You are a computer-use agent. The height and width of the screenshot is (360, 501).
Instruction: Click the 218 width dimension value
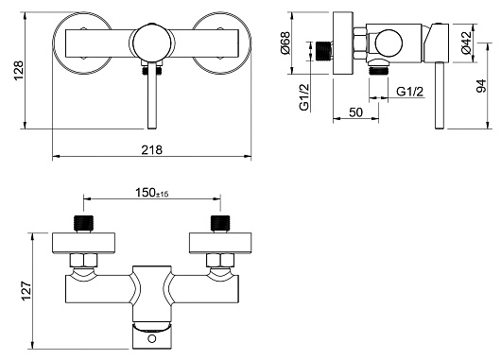point(152,149)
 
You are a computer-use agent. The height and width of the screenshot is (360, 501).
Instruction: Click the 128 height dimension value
point(20,70)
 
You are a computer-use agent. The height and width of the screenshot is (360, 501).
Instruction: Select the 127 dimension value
point(26,291)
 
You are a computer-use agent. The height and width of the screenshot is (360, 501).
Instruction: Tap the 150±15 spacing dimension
point(152,193)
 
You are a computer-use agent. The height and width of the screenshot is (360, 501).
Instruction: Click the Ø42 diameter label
point(466,43)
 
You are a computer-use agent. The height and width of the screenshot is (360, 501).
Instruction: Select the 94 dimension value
point(481,86)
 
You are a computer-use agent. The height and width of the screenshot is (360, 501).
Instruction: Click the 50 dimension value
point(356,112)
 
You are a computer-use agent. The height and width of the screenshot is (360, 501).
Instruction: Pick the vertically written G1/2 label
point(304,97)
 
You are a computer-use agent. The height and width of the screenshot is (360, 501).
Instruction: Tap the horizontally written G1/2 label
point(410,92)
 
